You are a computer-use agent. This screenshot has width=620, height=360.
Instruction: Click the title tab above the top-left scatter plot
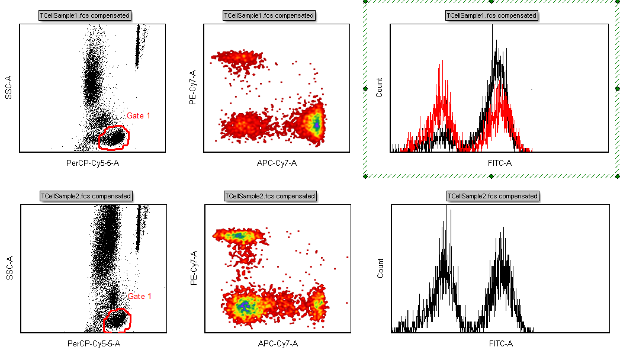(85, 15)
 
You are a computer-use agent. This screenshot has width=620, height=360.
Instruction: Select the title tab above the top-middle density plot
(269, 15)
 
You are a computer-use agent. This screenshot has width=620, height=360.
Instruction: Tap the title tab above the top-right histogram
(491, 15)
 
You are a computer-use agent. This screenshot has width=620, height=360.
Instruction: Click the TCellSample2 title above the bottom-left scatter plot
(85, 195)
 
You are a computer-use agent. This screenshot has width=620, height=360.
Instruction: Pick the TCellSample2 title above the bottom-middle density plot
(269, 195)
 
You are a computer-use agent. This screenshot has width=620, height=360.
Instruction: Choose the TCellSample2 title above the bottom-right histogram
(493, 195)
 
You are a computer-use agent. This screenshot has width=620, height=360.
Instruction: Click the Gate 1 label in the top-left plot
(139, 116)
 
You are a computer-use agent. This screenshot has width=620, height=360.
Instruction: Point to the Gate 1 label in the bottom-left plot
(140, 296)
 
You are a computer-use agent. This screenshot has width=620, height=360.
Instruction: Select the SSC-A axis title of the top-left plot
(9, 87)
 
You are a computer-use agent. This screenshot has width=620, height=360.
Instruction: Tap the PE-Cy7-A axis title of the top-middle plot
(192, 87)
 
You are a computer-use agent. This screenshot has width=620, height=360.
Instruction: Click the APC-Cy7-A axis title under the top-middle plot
(277, 163)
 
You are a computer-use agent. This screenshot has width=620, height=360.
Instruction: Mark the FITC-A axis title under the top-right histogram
(500, 163)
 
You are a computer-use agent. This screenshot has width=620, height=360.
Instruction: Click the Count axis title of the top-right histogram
(380, 87)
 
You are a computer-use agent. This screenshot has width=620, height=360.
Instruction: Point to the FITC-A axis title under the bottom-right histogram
(500, 343)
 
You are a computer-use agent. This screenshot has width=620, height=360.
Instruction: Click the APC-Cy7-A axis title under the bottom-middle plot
(278, 343)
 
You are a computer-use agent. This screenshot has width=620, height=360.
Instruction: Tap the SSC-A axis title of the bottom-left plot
(9, 268)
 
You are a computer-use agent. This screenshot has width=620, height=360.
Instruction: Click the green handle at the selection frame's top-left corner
(366, 2)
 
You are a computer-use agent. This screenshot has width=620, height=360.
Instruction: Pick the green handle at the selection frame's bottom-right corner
(618, 176)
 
